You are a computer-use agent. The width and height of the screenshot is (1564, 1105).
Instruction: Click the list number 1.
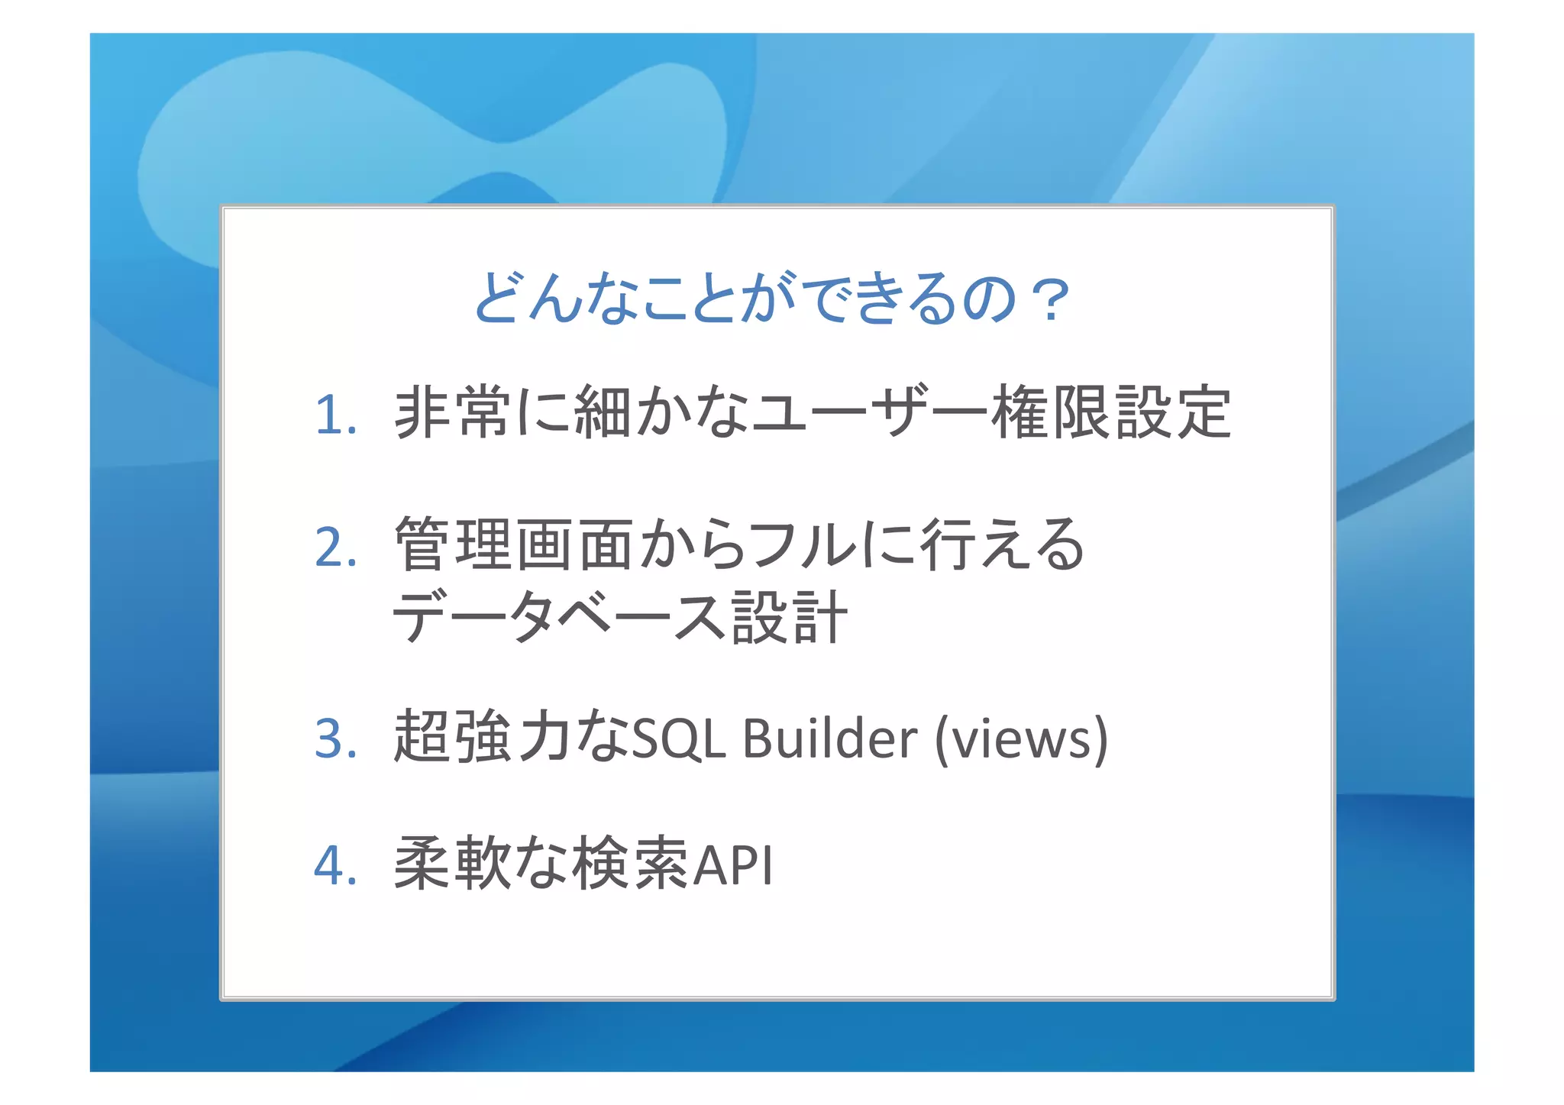click(335, 416)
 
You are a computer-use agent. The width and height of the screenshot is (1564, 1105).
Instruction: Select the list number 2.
click(335, 548)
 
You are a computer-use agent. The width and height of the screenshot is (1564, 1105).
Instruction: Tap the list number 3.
click(335, 739)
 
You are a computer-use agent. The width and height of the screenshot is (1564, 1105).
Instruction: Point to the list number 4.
click(335, 866)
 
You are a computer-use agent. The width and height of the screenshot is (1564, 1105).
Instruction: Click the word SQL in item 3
click(679, 739)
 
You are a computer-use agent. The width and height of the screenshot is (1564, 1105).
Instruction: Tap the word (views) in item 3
click(1021, 739)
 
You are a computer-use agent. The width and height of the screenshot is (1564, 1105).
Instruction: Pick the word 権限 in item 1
click(1052, 413)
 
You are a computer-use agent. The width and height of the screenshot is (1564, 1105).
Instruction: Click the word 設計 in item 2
click(789, 618)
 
